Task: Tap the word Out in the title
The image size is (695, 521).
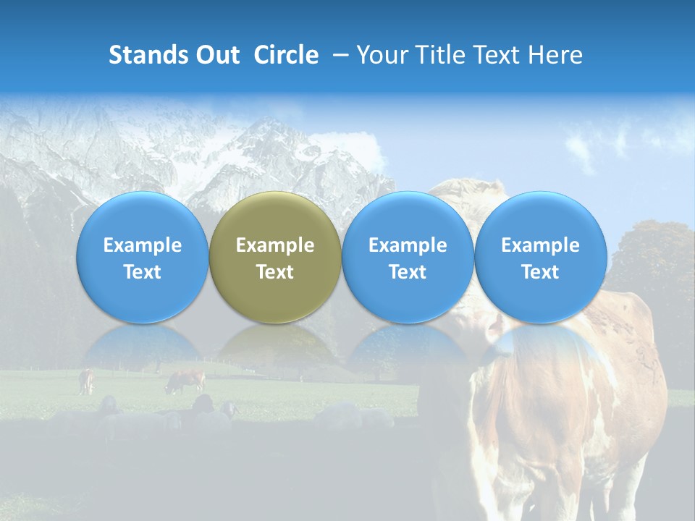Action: (x=216, y=55)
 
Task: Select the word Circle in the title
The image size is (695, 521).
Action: (x=286, y=55)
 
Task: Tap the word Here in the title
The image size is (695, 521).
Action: (x=555, y=55)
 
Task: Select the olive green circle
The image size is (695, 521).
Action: (x=275, y=257)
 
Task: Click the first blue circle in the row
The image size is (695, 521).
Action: (x=143, y=257)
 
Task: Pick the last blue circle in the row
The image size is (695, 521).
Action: (x=541, y=257)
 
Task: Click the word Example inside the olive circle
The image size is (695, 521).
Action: (x=275, y=245)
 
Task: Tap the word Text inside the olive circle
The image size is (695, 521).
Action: (x=275, y=272)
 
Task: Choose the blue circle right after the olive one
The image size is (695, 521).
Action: (x=408, y=257)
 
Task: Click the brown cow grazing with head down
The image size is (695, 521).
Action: (x=186, y=380)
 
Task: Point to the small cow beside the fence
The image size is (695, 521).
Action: (x=86, y=381)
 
